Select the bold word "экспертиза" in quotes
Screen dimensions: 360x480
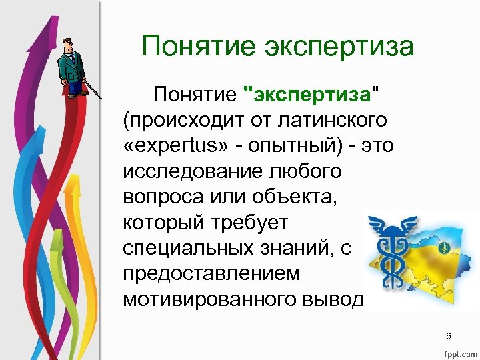point(309,95)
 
